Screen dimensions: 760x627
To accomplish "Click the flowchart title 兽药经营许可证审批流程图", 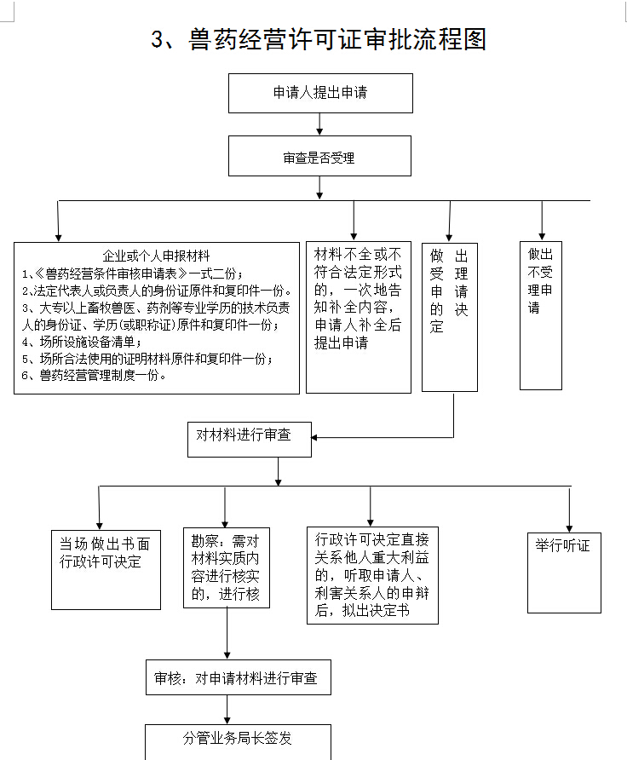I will click(319, 39).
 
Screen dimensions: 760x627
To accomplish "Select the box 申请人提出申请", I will click(319, 93).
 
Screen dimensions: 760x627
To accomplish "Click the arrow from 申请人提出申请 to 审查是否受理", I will click(319, 124).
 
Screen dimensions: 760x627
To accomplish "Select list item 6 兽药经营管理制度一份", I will click(94, 375).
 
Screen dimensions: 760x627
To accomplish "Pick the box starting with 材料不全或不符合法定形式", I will click(359, 298).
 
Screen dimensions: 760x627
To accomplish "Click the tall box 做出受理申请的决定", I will click(449, 316).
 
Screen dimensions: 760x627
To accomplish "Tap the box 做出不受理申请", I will click(541, 314).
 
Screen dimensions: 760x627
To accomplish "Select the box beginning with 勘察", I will click(227, 567).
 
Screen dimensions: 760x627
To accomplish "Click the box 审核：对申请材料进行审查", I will click(237, 678).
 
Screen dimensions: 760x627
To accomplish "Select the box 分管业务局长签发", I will click(237, 740).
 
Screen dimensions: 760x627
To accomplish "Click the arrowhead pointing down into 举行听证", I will click(568, 527).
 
